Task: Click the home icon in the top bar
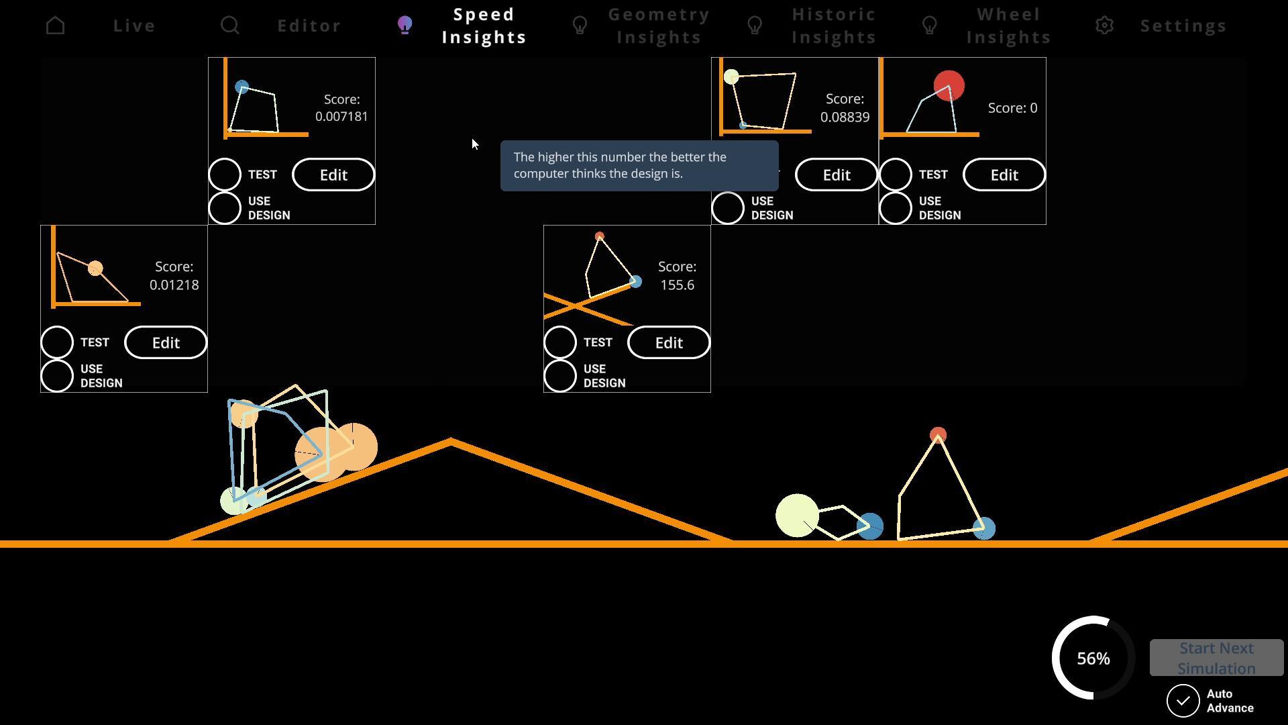[x=56, y=26]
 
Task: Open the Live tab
[x=134, y=26]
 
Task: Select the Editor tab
[x=309, y=26]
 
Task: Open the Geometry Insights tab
[x=659, y=26]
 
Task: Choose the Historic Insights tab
[x=834, y=26]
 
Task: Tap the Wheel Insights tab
[x=1008, y=26]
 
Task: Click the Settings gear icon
[x=1104, y=26]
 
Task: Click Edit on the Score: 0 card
[x=1004, y=175]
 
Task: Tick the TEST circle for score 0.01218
[x=57, y=342]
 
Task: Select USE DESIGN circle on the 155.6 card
[x=560, y=376]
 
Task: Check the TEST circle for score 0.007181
[x=225, y=175]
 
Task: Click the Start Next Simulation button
[x=1216, y=658]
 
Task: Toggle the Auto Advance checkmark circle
[x=1183, y=701]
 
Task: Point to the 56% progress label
[x=1093, y=659]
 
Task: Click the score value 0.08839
[x=845, y=117]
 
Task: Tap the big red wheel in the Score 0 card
[x=949, y=85]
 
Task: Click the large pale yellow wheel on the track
[x=797, y=516]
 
